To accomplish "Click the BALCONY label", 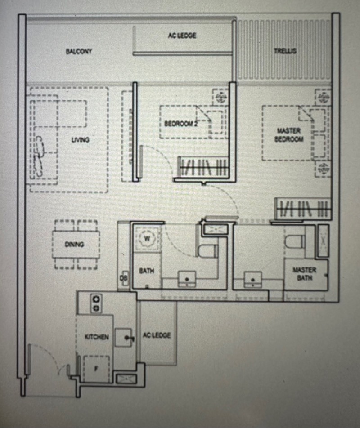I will tap(79, 51).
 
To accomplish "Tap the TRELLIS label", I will tap(285, 51).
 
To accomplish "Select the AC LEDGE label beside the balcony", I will tap(182, 36).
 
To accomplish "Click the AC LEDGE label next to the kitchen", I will tap(157, 335).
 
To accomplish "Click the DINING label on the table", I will tap(74, 245).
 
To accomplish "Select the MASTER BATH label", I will tap(305, 274).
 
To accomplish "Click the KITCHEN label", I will tap(97, 337).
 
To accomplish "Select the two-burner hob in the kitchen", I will tap(96, 303).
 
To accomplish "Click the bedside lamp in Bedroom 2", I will tap(221, 98).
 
